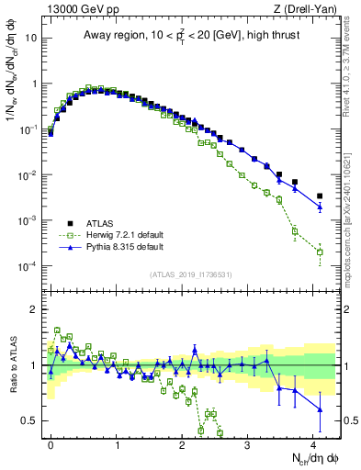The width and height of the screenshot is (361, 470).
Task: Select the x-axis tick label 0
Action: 51,442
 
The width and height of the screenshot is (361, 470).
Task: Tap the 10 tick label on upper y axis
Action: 32,39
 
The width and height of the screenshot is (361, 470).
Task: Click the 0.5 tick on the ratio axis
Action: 30,420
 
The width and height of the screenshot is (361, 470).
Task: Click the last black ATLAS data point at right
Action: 320,196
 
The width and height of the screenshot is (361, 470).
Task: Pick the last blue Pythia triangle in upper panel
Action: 320,207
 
